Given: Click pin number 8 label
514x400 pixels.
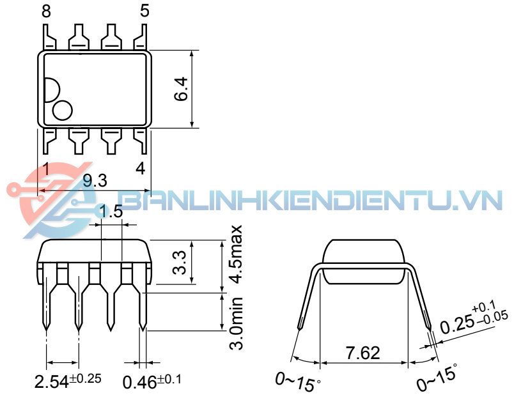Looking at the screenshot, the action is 46,12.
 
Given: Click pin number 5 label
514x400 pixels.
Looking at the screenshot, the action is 144,10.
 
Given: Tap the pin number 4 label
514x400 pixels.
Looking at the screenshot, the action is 141,169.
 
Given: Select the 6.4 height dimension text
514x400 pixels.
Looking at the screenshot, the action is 182,89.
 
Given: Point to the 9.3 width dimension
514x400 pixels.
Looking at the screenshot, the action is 95,180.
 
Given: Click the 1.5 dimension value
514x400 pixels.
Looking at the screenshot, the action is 111,212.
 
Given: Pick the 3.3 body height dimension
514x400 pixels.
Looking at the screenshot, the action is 180,263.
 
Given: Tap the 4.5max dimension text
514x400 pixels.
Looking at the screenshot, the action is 236,254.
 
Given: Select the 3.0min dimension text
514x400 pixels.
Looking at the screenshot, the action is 236,323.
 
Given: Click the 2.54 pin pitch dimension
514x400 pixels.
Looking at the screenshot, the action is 68,381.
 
